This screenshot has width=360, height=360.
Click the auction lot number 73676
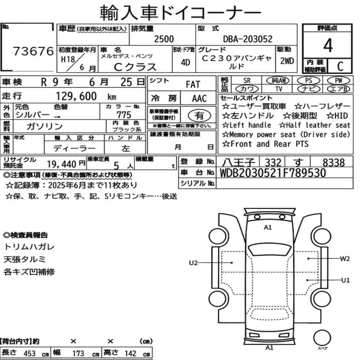(x=33, y=51)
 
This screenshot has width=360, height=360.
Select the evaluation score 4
(x=328, y=45)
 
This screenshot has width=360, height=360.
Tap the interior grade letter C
(x=340, y=66)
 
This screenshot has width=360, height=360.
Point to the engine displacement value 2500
(x=164, y=39)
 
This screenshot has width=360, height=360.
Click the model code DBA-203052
(x=248, y=39)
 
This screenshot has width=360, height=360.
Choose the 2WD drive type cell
(x=287, y=61)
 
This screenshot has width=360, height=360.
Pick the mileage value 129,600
(x=76, y=96)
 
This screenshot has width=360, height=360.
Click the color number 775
(x=124, y=114)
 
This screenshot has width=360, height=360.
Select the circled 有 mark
(x=199, y=116)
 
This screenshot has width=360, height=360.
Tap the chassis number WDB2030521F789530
(x=273, y=173)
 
